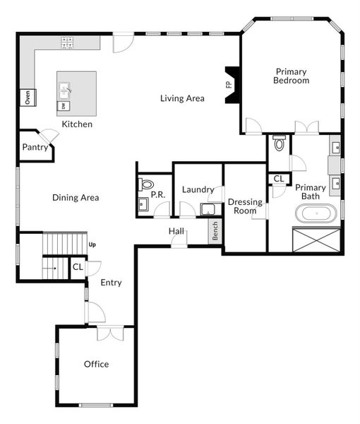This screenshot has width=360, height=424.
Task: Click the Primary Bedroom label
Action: coord(292,76)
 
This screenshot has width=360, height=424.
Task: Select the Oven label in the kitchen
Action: coord(28,98)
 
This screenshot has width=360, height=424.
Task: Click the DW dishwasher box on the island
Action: coord(63,106)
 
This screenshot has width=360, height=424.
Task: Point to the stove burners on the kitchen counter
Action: coord(68,43)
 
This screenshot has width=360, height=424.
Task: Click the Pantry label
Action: coord(35,148)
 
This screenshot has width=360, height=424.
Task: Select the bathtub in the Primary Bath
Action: coord(316,213)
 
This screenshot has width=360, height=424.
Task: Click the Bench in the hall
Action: coord(215,232)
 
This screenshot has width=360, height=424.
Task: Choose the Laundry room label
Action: coord(198,189)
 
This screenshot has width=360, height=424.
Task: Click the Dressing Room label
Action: coord(245,206)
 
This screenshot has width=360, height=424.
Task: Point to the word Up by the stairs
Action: coord(92,245)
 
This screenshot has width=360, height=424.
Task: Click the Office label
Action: coord(96,364)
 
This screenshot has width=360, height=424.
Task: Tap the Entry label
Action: coord(111,283)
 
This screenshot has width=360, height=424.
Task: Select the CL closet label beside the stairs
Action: coord(77,268)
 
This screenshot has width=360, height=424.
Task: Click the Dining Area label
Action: coord(76,198)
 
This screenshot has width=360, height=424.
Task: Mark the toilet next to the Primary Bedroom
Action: coord(279,144)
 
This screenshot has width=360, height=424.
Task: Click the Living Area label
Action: coord(182,98)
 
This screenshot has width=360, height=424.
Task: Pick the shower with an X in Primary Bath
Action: coord(316,238)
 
